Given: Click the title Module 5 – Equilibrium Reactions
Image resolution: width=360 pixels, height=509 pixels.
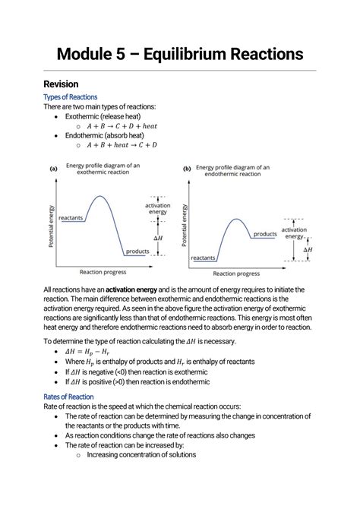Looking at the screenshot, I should (180, 54).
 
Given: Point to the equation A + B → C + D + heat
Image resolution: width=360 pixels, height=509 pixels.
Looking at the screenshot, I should (124, 125).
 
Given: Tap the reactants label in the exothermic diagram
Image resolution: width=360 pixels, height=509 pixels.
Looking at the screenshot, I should (70, 218).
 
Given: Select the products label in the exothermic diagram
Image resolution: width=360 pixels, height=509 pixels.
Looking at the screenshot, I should (137, 251).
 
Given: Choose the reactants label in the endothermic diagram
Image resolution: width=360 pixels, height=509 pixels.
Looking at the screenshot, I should (203, 258).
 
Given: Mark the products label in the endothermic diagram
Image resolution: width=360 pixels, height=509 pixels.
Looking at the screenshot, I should (265, 234).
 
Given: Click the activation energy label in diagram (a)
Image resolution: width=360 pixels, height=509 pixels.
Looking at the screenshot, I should (158, 208).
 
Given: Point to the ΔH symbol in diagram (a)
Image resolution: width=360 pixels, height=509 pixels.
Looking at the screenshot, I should (157, 237).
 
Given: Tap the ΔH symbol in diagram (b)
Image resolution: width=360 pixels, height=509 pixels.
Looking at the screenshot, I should (308, 249).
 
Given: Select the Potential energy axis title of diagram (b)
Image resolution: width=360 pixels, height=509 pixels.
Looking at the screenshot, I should (185, 218).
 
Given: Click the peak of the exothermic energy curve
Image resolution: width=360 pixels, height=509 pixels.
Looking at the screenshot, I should (98, 197).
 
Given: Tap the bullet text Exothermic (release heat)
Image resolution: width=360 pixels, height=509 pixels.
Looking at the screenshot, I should (108, 116).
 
